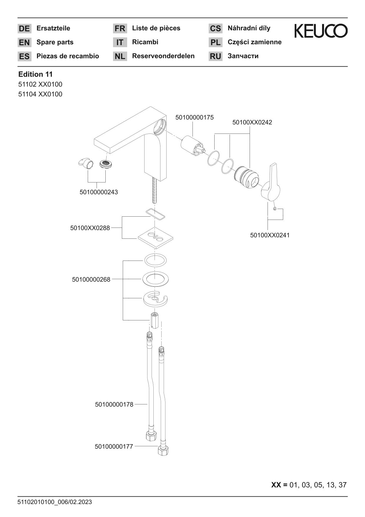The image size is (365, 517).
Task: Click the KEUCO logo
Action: point(321,31)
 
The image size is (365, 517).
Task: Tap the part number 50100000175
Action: point(195,117)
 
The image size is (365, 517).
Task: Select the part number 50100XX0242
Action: point(252,122)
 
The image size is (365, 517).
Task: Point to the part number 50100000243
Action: point(99,192)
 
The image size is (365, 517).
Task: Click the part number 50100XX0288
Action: point(90,228)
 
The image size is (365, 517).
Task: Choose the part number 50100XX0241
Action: point(270,235)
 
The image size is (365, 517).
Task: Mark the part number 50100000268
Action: point(91,279)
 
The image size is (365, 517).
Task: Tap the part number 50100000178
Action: point(114,404)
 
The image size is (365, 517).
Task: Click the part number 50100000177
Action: point(114,447)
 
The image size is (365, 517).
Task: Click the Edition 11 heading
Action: point(35,74)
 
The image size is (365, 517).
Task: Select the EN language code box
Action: point(24,42)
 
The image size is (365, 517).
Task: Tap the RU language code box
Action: point(215,56)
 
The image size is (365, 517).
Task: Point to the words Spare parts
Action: point(55,42)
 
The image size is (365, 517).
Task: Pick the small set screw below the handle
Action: point(275,209)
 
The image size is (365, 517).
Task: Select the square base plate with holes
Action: point(155,238)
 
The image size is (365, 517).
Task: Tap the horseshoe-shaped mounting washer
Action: point(155,299)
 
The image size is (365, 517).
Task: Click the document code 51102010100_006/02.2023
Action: point(55,502)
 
